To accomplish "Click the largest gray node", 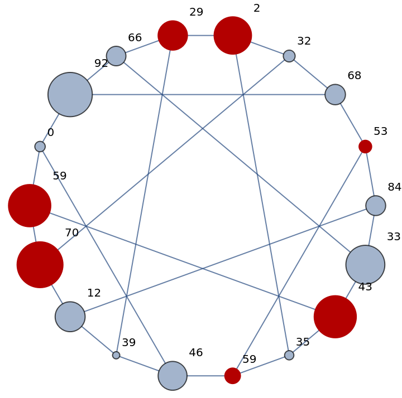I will (70, 94).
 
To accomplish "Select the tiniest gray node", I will (116, 355).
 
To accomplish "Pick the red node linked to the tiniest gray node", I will (173, 36).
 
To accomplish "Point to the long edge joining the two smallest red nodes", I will (299, 261).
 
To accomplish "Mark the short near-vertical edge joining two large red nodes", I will (35, 234).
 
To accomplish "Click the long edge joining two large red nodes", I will (182, 261).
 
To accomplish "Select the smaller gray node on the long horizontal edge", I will (335, 94).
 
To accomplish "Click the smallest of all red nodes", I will (365, 147).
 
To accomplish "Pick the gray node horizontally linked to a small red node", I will (173, 376).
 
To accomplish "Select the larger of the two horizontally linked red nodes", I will (233, 35).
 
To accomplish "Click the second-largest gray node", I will (365, 264).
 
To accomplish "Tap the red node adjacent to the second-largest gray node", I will (335, 317).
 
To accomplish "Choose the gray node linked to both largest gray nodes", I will (116, 56).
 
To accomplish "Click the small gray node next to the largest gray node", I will (40, 147).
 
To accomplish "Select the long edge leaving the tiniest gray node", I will (144, 195).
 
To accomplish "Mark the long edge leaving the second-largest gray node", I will (241, 160).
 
